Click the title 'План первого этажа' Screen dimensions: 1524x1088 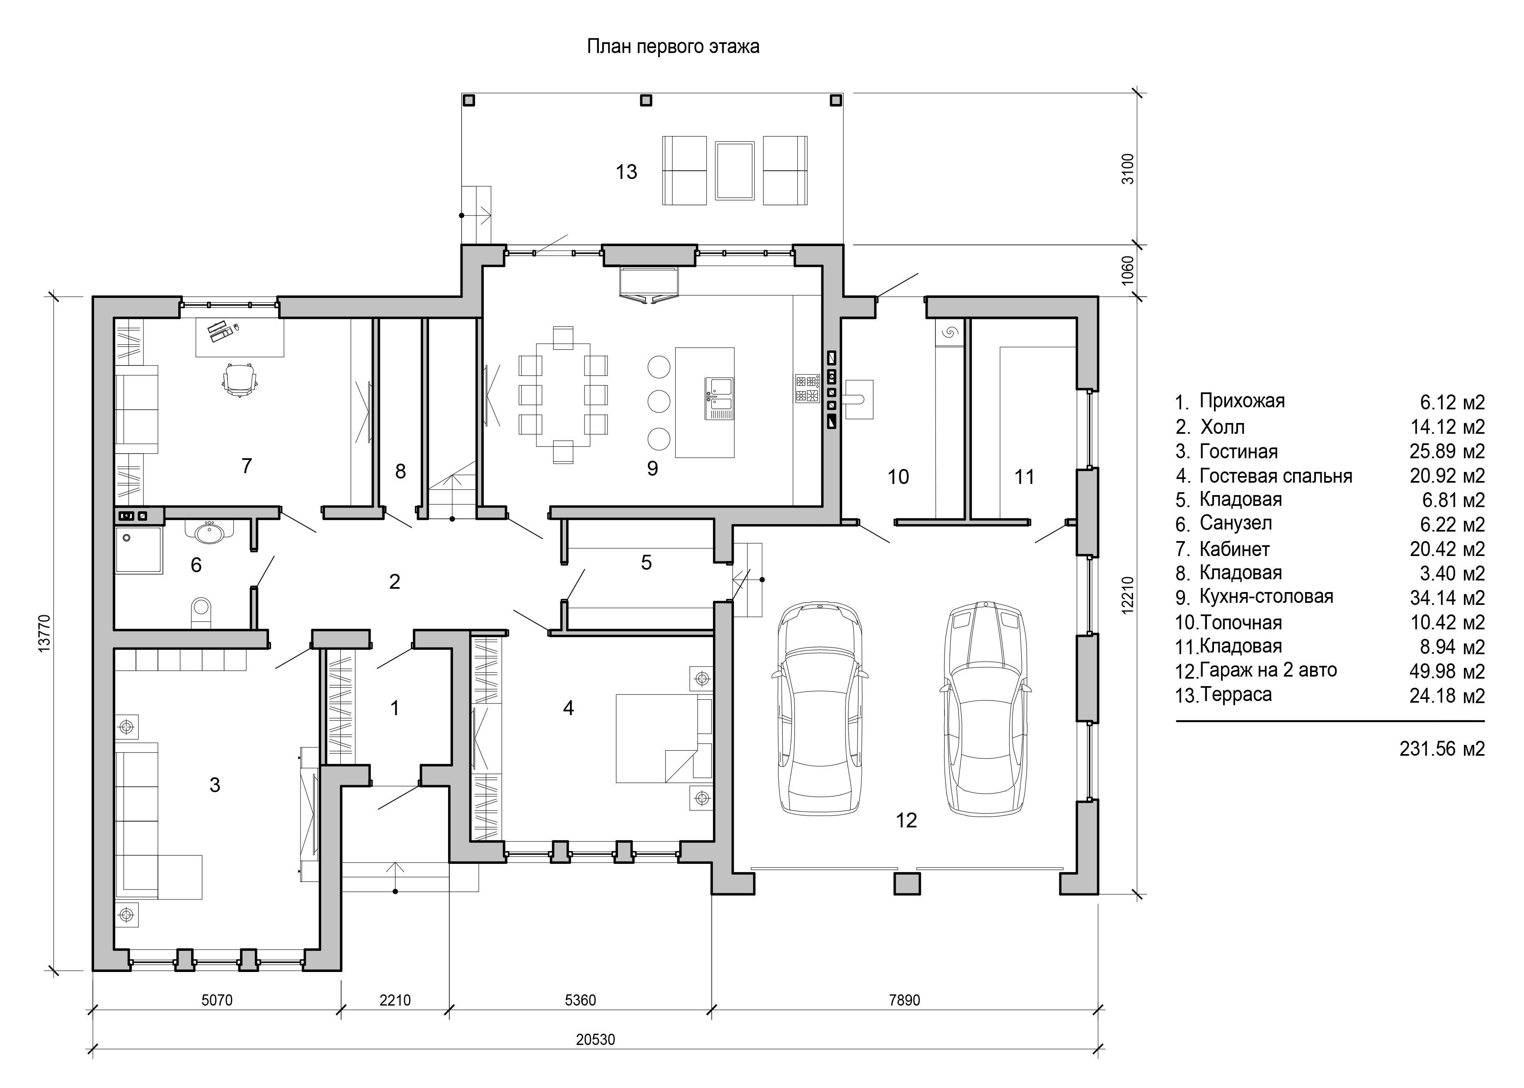pyautogui.click(x=673, y=47)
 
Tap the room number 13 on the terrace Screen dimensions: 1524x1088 pyautogui.click(x=626, y=172)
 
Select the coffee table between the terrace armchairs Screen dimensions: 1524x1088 pyautogui.click(x=734, y=170)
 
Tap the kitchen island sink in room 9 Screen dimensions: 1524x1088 pyautogui.click(x=719, y=398)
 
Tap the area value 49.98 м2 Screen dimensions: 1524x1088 pyautogui.click(x=1447, y=671)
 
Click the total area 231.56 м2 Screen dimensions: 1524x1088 pyautogui.click(x=1442, y=748)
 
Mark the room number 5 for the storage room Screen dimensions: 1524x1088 pyautogui.click(x=646, y=563)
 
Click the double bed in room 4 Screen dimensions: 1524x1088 pyautogui.click(x=664, y=738)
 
